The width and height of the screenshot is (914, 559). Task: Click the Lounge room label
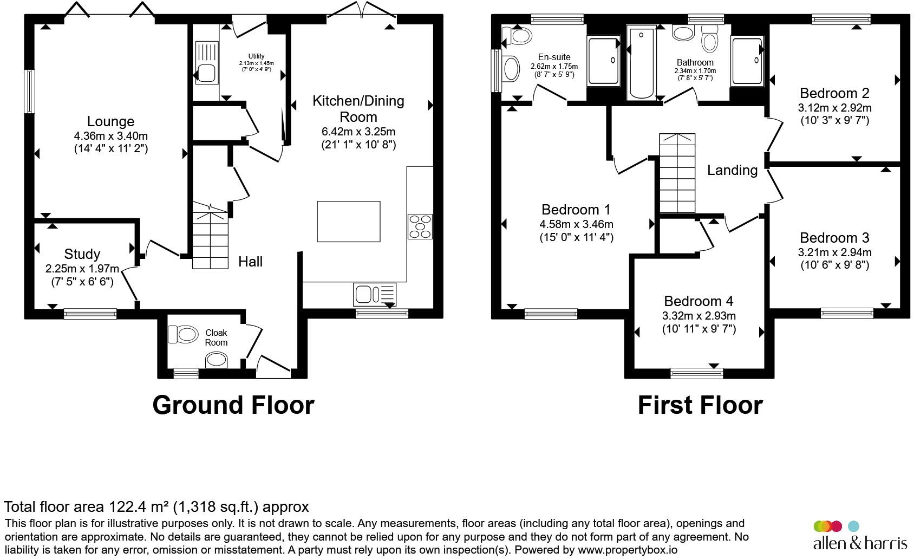(110, 121)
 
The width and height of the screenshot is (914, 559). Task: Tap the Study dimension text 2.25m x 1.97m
(82, 269)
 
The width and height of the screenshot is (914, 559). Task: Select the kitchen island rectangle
(349, 222)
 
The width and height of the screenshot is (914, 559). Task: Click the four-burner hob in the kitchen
(420, 226)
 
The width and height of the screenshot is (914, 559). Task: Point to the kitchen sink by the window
(375, 294)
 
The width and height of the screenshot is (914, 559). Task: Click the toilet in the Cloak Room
(183, 334)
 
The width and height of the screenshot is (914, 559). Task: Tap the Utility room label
(256, 56)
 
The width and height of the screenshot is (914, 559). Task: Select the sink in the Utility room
(207, 62)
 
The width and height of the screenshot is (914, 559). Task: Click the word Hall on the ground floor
(251, 262)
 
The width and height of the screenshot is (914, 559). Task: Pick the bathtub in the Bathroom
(642, 62)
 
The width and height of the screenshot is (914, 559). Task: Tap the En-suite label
(554, 57)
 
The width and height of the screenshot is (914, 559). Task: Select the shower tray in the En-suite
(604, 61)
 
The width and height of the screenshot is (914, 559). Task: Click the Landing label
(733, 170)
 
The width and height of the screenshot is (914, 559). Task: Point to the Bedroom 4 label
(698, 301)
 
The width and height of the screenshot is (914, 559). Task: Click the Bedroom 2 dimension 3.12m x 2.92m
(835, 108)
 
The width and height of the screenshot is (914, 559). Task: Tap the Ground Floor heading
(233, 405)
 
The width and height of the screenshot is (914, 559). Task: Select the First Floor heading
(700, 405)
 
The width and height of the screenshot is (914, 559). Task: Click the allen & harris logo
(860, 535)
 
